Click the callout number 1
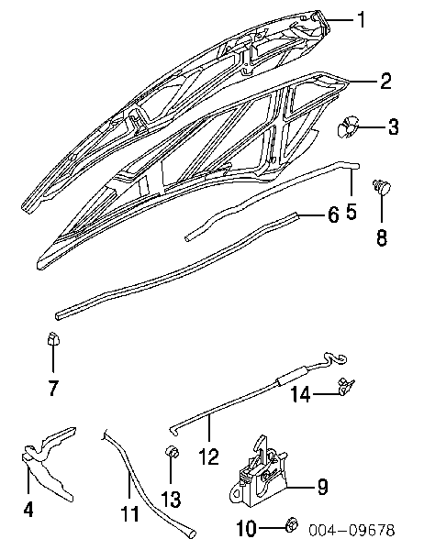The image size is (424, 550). (361, 19)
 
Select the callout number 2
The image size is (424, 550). (385, 81)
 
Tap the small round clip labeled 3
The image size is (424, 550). (346, 126)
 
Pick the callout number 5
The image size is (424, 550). (351, 212)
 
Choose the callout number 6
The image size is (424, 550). (333, 214)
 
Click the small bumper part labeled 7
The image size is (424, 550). (53, 338)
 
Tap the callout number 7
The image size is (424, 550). (52, 388)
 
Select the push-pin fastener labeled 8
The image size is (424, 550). (382, 187)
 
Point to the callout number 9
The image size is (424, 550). (322, 487)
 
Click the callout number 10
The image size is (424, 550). (247, 529)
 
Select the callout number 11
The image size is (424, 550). (130, 514)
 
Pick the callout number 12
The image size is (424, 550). (208, 456)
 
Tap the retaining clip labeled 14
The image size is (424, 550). (346, 387)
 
